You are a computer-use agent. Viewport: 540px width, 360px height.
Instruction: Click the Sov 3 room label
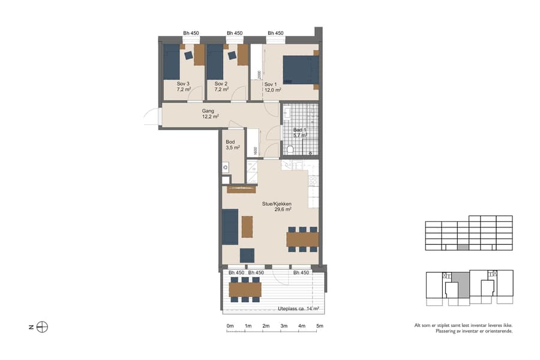[184, 86]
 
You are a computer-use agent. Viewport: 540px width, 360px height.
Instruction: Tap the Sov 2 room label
[221, 86]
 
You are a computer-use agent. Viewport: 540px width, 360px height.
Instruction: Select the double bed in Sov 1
[299, 70]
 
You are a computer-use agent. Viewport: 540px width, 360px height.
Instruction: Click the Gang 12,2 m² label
[210, 114]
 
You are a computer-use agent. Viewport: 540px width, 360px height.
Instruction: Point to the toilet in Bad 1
[290, 149]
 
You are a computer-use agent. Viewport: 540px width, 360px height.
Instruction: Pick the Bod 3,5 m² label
[233, 145]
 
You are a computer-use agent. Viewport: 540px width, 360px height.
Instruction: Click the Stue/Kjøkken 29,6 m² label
[277, 206]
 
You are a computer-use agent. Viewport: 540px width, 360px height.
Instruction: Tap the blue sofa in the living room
[230, 226]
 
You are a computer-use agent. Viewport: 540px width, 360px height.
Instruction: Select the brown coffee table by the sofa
[247, 226]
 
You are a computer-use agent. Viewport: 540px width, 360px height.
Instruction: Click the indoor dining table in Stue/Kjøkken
[302, 239]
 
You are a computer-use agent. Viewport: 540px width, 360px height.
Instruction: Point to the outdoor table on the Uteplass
[245, 290]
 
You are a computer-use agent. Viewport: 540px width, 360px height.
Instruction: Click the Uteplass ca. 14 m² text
[298, 309]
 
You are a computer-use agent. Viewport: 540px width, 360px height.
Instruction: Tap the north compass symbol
[42, 327]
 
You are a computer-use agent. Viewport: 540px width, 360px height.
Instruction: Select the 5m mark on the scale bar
[320, 326]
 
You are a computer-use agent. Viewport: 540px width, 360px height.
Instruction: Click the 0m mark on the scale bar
[230, 326]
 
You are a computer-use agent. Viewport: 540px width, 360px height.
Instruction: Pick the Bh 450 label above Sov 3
[191, 34]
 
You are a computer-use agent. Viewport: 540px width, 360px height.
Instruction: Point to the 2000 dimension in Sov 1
[259, 74]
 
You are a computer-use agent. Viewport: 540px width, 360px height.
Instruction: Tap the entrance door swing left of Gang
[151, 116]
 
